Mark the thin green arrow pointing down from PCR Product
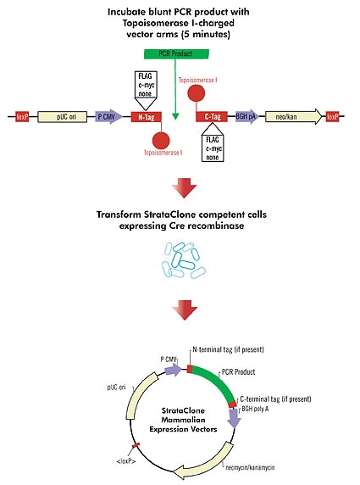[x=175, y=93]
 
